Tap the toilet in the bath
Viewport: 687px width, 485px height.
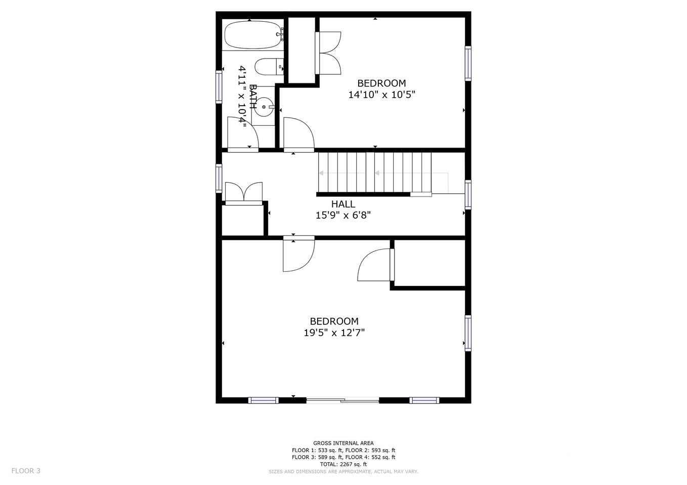pyautogui.click(x=269, y=67)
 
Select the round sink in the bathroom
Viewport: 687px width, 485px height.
pyautogui.click(x=264, y=107)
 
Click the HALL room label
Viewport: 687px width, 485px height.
pyautogui.click(x=343, y=204)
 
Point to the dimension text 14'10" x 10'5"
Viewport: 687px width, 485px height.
pyautogui.click(x=381, y=94)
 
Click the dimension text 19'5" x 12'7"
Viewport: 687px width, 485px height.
pyautogui.click(x=334, y=332)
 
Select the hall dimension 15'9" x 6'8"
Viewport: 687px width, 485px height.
pyautogui.click(x=343, y=215)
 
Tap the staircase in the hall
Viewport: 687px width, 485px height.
pyautogui.click(x=374, y=173)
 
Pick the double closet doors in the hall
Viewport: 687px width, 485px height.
pyautogui.click(x=244, y=193)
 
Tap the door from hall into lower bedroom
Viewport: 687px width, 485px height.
pyautogui.click(x=298, y=254)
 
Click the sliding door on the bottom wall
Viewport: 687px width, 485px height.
pyautogui.click(x=342, y=400)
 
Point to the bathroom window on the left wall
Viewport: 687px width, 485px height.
pyautogui.click(x=219, y=87)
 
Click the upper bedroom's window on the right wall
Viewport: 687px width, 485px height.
pyautogui.click(x=468, y=63)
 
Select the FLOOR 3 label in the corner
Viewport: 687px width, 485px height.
pyautogui.click(x=26, y=471)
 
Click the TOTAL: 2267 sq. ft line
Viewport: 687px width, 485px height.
pyautogui.click(x=343, y=464)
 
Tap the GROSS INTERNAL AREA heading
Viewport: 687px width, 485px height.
pyautogui.click(x=343, y=443)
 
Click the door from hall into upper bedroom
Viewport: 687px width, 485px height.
pyautogui.click(x=298, y=134)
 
